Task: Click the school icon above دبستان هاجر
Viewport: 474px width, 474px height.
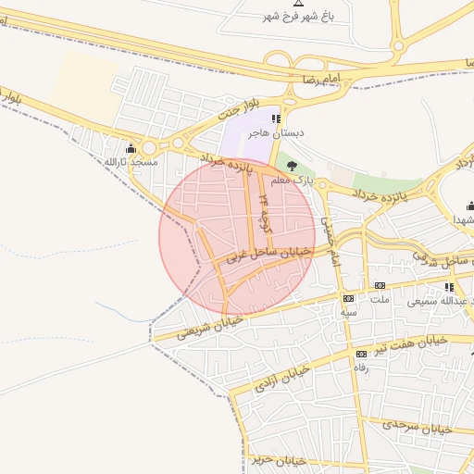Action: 275,119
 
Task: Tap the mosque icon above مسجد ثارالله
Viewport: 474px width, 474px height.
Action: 131,148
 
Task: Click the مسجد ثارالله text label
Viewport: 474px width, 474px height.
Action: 131,162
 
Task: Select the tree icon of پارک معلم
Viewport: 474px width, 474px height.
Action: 293,166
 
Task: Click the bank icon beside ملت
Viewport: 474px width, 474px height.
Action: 380,286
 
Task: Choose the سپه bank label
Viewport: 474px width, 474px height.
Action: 348,312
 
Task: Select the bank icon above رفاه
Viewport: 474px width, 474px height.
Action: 361,354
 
